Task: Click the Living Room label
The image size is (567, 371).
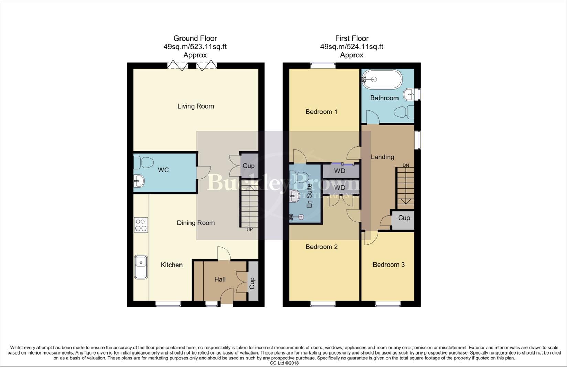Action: click(195, 106)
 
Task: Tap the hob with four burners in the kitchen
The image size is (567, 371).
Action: click(141, 225)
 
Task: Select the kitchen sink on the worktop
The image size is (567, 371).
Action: click(141, 266)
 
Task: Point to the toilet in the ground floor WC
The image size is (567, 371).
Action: click(143, 162)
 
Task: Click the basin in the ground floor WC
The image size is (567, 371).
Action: click(139, 180)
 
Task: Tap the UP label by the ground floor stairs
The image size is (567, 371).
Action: click(250, 229)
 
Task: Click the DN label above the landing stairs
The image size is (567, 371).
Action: click(406, 165)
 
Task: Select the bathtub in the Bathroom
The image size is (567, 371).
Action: click(382, 79)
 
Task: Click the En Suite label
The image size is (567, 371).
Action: click(309, 196)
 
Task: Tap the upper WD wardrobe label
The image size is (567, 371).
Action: click(340, 171)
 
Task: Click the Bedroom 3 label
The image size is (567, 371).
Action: click(389, 265)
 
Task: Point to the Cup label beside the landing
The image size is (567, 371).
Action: click(404, 218)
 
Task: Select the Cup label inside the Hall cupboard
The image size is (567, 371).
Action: click(252, 283)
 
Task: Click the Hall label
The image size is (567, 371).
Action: click(220, 279)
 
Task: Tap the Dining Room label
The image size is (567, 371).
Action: click(196, 223)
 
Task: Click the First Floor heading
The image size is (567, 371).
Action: click(352, 38)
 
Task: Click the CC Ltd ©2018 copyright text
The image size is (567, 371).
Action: click(284, 363)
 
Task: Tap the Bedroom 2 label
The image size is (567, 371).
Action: click(321, 247)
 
